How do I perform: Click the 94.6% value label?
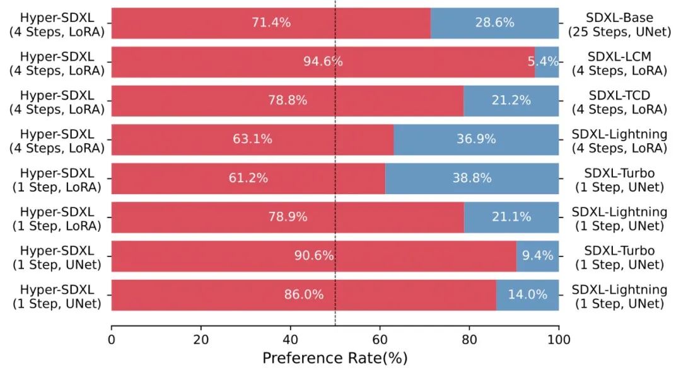coord(323,62)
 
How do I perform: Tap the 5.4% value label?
coord(543,62)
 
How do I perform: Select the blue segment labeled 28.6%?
coord(494,23)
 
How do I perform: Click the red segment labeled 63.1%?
coord(252,139)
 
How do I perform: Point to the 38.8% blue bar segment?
coord(472,178)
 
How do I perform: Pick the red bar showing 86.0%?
coord(303,295)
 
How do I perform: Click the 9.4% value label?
coord(538,256)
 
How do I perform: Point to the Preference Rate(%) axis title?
coord(335,359)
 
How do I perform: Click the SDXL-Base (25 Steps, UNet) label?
coord(619,25)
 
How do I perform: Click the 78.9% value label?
coord(288,217)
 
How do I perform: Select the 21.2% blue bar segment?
coord(511,101)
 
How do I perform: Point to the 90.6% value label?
coord(313,256)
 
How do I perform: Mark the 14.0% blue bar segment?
coord(527,295)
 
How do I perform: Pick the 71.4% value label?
coord(271,23)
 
